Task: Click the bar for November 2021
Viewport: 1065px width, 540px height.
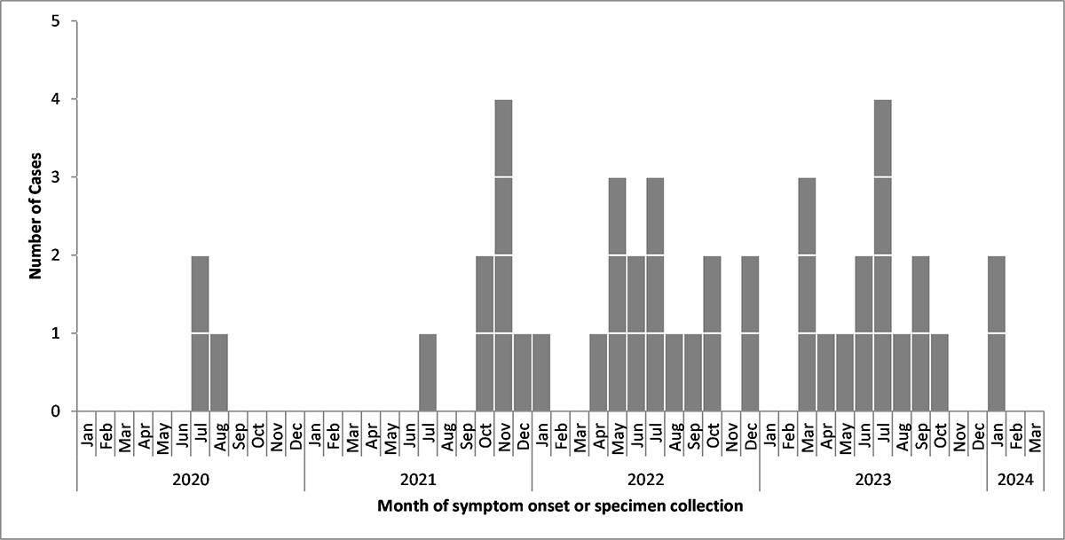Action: tap(503, 255)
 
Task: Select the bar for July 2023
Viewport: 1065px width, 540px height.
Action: tap(882, 255)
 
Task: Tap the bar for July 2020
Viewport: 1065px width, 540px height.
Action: tap(200, 333)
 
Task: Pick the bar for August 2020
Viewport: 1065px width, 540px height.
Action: tap(218, 372)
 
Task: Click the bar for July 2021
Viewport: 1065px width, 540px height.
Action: tap(428, 372)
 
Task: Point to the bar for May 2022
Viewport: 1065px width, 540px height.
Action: tap(617, 294)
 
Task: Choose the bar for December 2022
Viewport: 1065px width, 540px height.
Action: tap(750, 333)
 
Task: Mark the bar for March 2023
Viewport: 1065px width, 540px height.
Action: tap(807, 294)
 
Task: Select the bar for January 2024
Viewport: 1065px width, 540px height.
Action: tap(997, 333)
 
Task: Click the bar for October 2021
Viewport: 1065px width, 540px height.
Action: tap(485, 333)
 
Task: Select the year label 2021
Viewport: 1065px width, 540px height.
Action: tap(418, 479)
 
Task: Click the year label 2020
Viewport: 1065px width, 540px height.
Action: tap(190, 479)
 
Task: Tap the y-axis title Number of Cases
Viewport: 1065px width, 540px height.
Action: tap(35, 216)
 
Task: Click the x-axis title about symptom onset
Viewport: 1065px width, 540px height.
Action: tap(559, 507)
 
